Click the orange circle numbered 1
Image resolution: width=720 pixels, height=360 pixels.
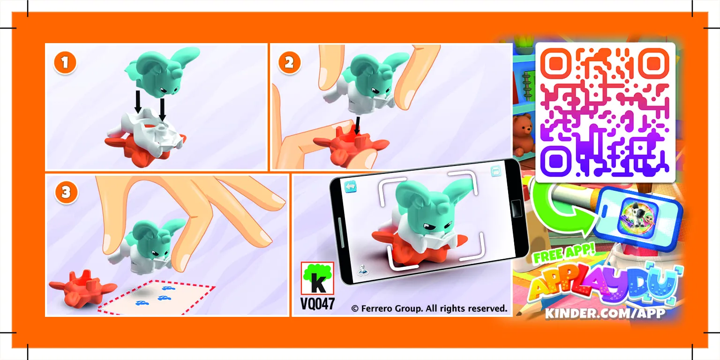[65, 63]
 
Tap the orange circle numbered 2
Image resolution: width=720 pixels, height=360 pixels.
[289, 63]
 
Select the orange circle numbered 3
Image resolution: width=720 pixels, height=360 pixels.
[66, 193]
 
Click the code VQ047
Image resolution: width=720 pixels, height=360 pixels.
[317, 304]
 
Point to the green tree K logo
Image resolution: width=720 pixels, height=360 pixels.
[317, 278]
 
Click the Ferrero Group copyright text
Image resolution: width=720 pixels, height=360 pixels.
[429, 308]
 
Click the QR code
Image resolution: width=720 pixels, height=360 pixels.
[605, 112]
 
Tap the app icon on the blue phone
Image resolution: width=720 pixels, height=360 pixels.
[638, 217]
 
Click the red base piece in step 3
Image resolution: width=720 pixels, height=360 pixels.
[82, 289]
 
